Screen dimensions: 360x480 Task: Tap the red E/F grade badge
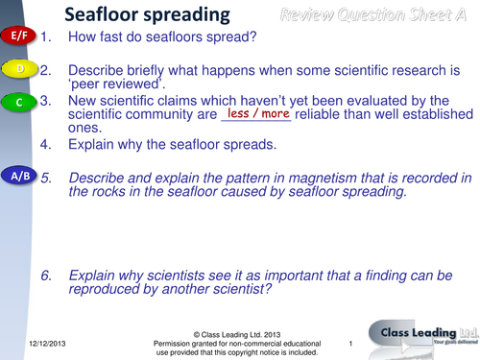click(x=16, y=36)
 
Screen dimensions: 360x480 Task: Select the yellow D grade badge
click(x=19, y=69)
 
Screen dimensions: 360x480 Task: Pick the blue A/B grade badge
click(x=18, y=178)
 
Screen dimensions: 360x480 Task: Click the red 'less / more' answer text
click(x=255, y=112)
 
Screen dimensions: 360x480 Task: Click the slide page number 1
click(x=351, y=343)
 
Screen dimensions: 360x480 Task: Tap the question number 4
click(x=46, y=146)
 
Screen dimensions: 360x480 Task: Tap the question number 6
click(x=46, y=275)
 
